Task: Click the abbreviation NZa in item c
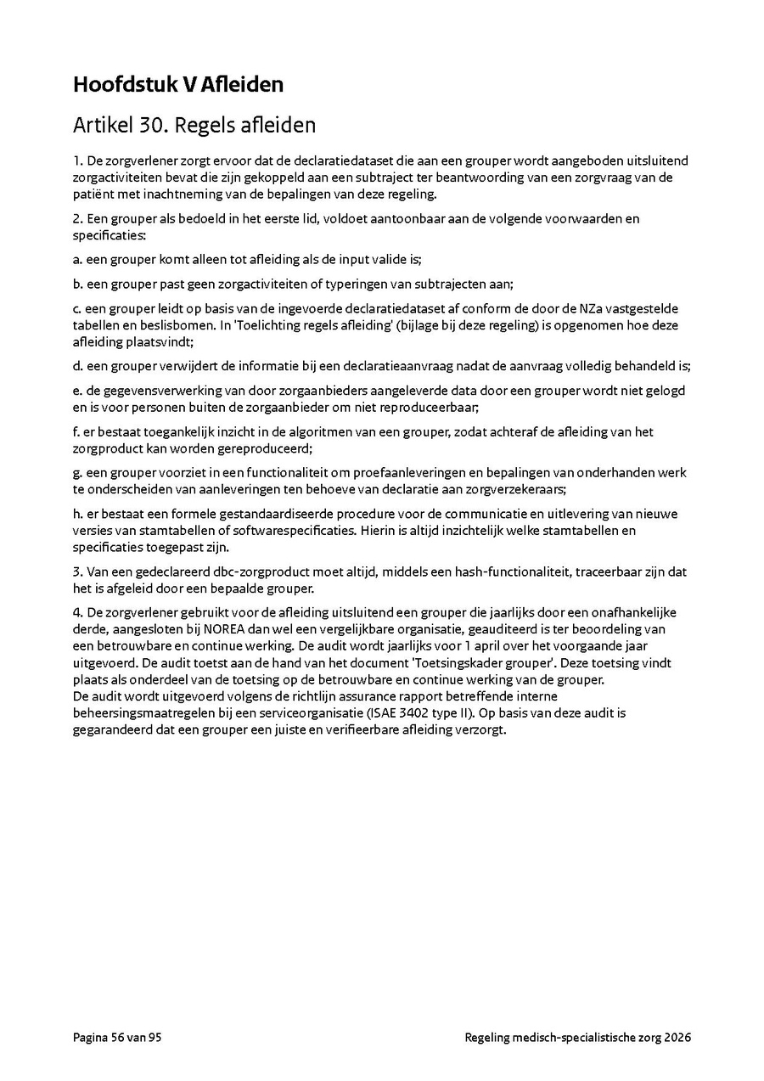coord(567,309)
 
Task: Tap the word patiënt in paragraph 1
coord(94,194)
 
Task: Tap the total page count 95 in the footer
coord(154,1038)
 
